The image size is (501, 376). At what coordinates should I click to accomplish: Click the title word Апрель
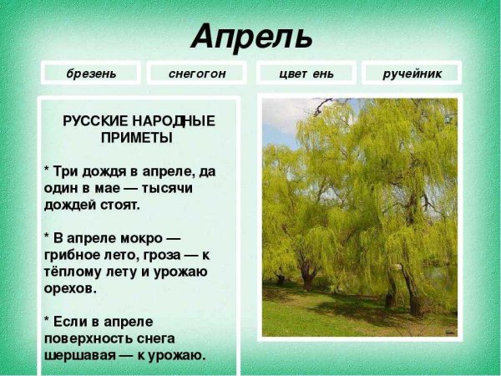(251, 36)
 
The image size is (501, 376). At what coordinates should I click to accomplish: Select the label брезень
(92, 74)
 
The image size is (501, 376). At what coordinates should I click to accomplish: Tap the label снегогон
(196, 74)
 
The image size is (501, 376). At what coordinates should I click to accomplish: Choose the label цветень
(306, 74)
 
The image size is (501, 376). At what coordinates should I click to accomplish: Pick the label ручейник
(412, 74)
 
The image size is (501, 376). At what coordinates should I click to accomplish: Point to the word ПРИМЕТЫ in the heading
(137, 138)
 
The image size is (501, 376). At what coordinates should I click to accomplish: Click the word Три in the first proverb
(66, 170)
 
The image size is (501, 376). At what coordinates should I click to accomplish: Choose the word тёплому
(74, 271)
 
